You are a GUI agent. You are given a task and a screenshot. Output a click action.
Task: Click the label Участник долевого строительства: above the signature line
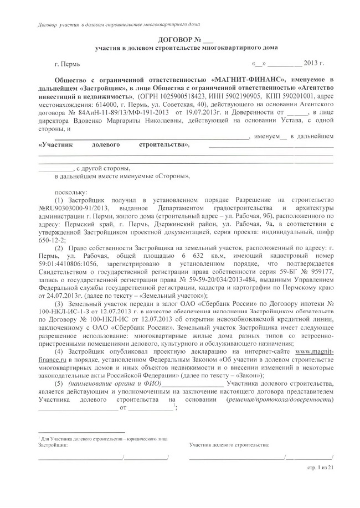click(x=228, y=444)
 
